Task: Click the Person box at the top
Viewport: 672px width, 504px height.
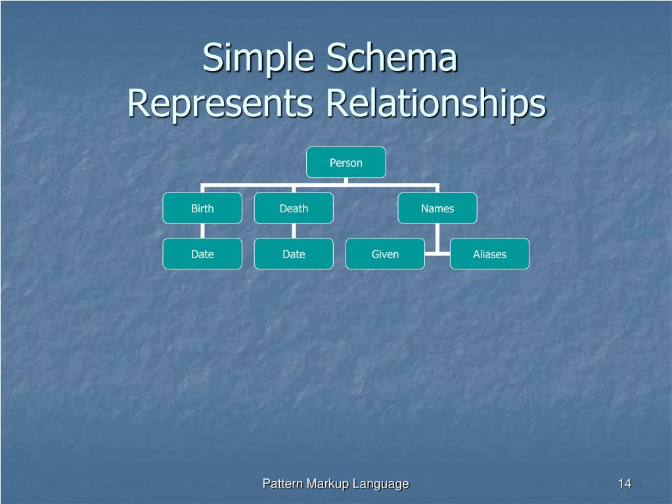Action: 346,162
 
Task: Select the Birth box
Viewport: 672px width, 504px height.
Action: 202,208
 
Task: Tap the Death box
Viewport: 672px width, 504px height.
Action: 294,208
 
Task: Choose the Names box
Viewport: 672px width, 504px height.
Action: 437,208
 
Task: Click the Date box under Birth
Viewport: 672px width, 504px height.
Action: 202,254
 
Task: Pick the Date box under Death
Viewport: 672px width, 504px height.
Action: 294,254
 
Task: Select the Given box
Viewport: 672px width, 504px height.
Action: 385,254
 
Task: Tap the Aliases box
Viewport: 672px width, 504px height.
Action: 489,254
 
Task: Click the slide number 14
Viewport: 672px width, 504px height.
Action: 624,484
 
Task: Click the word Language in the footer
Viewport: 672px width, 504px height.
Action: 380,484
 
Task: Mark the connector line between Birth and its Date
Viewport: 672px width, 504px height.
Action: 202,231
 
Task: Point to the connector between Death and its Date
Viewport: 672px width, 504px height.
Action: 294,231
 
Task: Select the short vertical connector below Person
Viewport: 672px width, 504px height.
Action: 346,181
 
